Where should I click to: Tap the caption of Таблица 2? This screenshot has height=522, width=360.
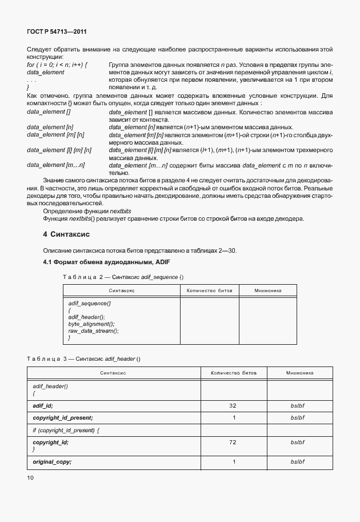coord(123,277)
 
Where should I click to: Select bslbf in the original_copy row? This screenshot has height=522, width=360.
coord(298,461)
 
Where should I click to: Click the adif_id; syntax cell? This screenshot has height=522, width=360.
coord(43,405)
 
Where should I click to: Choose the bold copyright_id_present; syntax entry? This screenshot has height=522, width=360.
coord(63,418)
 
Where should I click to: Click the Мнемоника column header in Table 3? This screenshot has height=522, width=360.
coord(299,372)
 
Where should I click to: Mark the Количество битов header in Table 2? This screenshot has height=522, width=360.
coord(209,290)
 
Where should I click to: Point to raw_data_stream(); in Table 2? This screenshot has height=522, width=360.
coord(93,331)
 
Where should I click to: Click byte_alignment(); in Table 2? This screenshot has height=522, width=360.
coord(91,324)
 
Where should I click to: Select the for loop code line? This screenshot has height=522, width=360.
coord(57,65)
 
